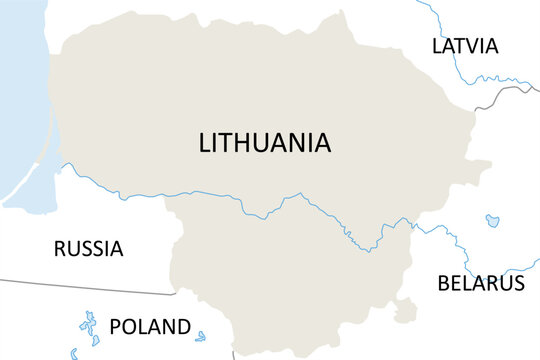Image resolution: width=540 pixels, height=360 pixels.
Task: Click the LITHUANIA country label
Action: (265, 143)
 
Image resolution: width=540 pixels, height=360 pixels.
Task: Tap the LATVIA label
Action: (465, 46)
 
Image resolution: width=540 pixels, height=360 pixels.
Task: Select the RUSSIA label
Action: (89, 249)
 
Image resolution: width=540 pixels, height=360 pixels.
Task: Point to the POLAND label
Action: (149, 326)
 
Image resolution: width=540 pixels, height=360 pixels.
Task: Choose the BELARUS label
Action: (481, 283)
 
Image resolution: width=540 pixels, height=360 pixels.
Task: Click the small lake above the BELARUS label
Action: (492, 220)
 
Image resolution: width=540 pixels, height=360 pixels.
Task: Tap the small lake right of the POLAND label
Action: (201, 336)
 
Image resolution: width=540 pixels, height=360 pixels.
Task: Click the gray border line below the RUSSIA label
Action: (90, 288)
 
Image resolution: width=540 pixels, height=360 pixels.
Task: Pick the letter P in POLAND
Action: (115, 326)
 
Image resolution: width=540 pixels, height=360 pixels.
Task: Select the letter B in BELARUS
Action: (444, 283)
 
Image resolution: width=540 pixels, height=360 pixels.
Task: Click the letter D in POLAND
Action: (182, 326)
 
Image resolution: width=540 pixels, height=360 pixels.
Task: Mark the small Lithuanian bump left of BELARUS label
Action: (404, 313)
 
